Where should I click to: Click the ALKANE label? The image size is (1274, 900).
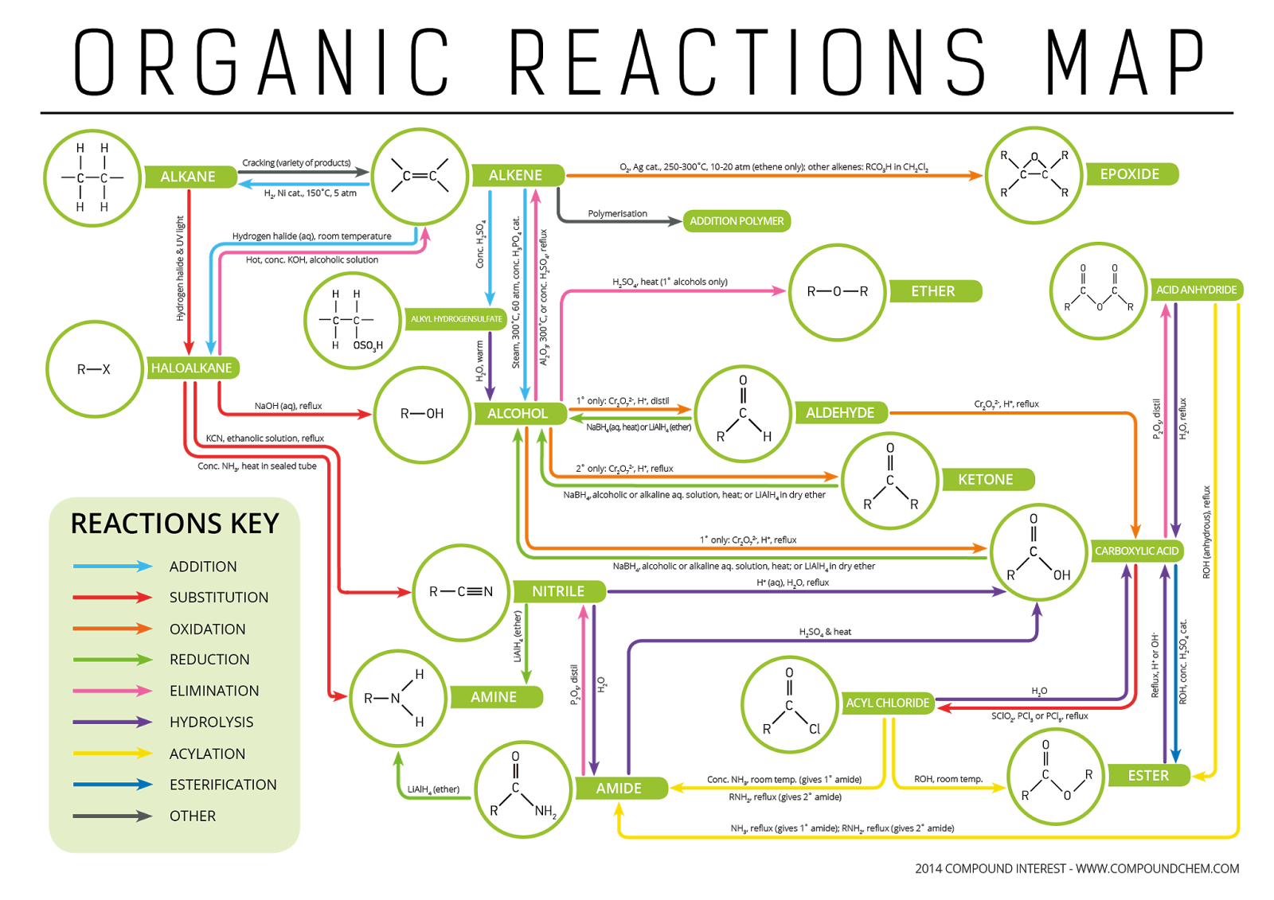tap(188, 177)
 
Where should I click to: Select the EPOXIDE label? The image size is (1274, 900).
tap(1129, 174)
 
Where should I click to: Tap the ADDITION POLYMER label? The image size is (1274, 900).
tap(737, 221)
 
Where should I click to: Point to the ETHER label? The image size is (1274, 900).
tap(932, 291)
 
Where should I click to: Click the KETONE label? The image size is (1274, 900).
tap(985, 480)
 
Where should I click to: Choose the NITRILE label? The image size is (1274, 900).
tap(558, 591)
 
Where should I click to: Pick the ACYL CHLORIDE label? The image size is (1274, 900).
tap(887, 703)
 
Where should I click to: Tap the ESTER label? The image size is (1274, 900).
tap(1148, 776)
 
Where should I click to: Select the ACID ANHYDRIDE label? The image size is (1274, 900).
tap(1196, 290)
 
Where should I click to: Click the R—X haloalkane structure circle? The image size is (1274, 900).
tap(94, 369)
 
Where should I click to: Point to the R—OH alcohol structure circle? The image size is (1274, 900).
tap(422, 414)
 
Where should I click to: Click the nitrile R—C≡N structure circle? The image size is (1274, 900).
tap(461, 592)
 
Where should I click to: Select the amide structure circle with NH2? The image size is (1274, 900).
tap(523, 789)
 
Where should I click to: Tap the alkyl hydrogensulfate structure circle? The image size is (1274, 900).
tap(352, 320)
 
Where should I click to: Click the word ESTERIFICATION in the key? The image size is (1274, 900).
tap(223, 785)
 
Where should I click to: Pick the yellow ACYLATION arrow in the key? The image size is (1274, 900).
tap(111, 753)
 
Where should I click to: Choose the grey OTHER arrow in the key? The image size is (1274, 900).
tap(111, 816)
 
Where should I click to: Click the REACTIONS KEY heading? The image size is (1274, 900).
tap(174, 524)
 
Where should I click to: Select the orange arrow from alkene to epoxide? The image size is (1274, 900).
tap(772, 175)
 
